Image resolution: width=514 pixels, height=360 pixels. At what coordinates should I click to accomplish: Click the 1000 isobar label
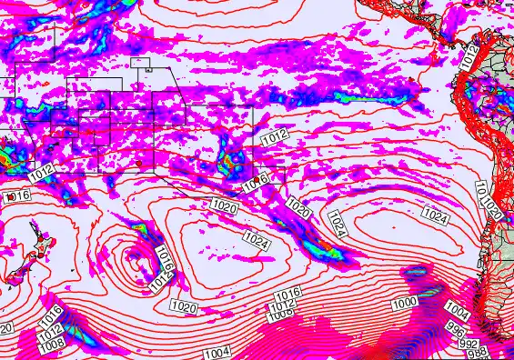click(405, 302)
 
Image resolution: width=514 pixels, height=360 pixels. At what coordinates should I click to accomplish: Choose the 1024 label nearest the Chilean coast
click(436, 217)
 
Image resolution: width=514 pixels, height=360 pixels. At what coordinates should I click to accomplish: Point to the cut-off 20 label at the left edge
click(5, 328)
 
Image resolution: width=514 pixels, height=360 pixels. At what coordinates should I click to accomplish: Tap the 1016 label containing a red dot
click(18, 196)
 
